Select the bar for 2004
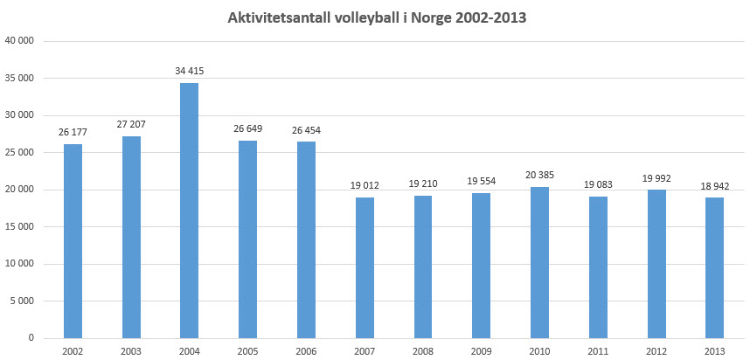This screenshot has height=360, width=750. pos(189,210)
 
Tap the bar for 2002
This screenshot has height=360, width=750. pos(73,240)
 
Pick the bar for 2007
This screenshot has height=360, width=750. pos(365,267)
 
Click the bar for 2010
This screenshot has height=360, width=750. pos(539,262)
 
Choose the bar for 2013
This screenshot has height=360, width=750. pos(714,267)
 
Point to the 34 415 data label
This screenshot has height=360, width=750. pos(189,71)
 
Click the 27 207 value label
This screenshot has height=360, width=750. pos(131,124)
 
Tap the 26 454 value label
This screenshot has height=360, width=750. pos(306,130)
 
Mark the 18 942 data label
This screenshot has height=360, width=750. pos(714,185)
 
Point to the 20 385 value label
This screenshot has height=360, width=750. pos(539,175)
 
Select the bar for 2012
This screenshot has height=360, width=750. pos(656,264)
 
